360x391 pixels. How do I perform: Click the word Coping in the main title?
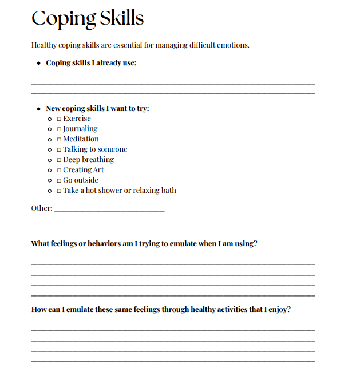[63, 18]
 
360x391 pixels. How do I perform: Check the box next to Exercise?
[59, 119]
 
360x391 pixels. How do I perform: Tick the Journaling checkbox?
[59, 129]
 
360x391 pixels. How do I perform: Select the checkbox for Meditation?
[59, 139]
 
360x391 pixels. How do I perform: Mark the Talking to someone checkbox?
[59, 149]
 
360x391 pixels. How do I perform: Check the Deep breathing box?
[59, 160]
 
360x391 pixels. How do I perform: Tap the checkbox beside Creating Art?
[59, 170]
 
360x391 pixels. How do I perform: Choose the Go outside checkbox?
[59, 180]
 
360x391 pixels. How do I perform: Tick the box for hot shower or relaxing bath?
[59, 191]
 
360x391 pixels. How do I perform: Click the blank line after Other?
[109, 210]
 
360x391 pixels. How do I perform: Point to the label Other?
[42, 208]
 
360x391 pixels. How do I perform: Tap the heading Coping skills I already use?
[91, 63]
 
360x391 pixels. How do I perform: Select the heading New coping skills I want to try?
[97, 108]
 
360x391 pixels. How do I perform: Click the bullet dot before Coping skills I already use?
[38, 63]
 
